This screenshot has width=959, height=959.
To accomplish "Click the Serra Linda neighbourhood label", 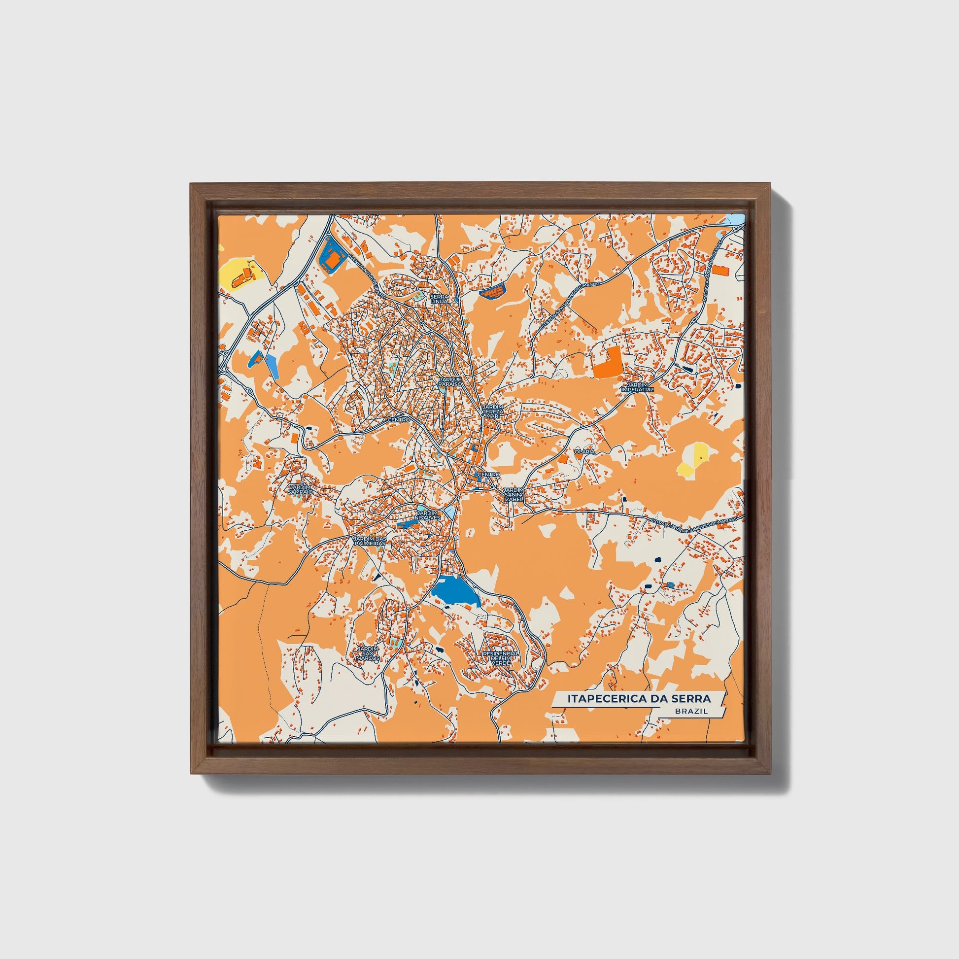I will click(x=440, y=299).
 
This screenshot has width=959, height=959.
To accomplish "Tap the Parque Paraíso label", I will click(x=450, y=382).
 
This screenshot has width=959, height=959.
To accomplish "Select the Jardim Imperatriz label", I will click(x=638, y=387).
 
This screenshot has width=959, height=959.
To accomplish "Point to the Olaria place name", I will click(x=584, y=452).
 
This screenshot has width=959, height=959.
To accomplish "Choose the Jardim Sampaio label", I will click(x=300, y=489).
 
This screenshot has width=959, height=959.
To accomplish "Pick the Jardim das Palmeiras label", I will click(x=369, y=541).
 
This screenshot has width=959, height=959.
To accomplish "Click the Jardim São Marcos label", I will click(x=368, y=653).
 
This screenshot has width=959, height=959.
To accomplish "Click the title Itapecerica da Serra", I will click(x=639, y=699).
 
